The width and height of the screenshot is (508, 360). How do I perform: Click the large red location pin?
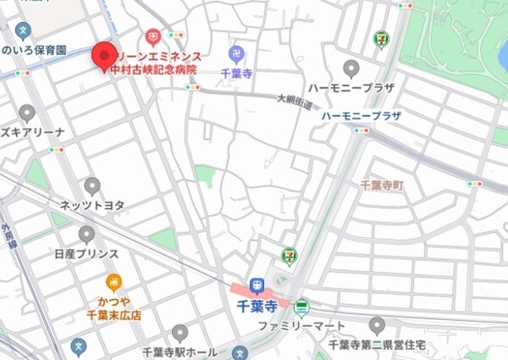pos(103,57)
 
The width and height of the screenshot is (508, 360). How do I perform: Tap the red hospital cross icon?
pos(152,36)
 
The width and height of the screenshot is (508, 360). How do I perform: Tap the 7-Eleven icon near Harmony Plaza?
pos(381,39)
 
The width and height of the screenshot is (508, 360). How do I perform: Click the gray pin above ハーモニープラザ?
pos(351,69)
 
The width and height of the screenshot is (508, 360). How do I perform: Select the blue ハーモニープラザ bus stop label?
pos(362,115)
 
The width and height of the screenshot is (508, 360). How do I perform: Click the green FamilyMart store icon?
pos(301,307)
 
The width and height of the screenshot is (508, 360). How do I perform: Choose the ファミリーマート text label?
pos(301,326)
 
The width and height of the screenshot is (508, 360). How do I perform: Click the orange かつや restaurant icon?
pos(113,283)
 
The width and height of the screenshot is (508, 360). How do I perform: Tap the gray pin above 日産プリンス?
pos(86,235)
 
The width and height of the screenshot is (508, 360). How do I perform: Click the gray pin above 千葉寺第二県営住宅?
pos(377,326)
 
